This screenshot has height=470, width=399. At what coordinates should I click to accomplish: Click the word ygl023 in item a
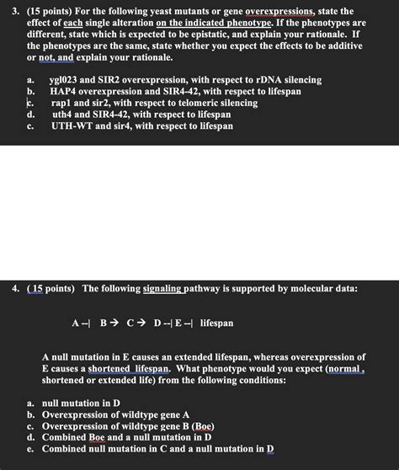tap(65, 80)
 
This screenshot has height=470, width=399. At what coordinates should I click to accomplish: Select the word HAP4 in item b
tap(65, 92)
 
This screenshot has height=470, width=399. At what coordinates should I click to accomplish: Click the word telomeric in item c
tap(210, 104)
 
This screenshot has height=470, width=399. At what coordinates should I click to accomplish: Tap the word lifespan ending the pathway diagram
tap(217, 323)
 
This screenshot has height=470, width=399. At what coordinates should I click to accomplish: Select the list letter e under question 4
tap(30, 449)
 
